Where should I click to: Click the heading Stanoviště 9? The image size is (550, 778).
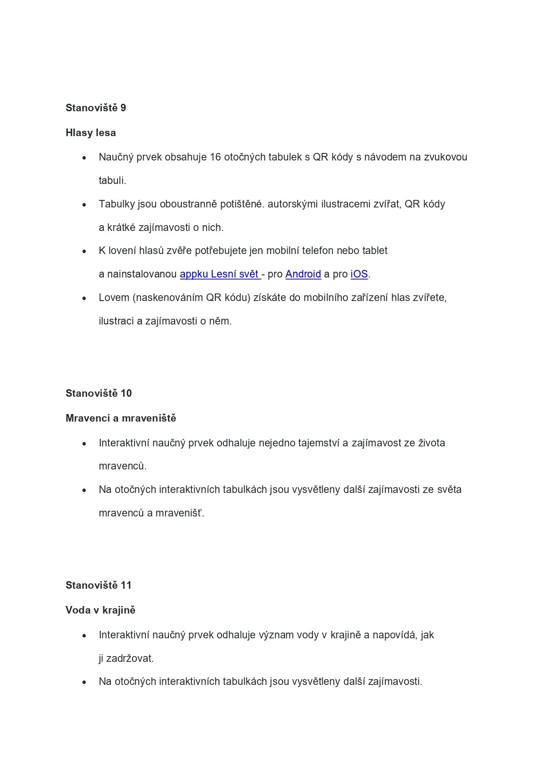(96, 108)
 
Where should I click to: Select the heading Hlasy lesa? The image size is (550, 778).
(90, 133)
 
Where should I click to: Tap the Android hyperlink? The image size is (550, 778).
(303, 274)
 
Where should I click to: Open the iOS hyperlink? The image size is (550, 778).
(359, 274)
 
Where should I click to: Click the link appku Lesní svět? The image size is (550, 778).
(220, 274)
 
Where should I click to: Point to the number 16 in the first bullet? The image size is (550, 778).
(215, 157)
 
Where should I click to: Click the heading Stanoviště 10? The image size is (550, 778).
(98, 393)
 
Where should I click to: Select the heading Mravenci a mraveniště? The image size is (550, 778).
(121, 418)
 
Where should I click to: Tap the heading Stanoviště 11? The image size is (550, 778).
(98, 585)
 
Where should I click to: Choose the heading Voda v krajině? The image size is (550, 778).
(100, 610)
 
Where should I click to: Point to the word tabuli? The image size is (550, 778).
(112, 180)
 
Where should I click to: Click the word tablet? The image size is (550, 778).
(375, 250)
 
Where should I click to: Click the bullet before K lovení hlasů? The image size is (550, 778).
(85, 251)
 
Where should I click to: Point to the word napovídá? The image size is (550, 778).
(395, 635)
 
